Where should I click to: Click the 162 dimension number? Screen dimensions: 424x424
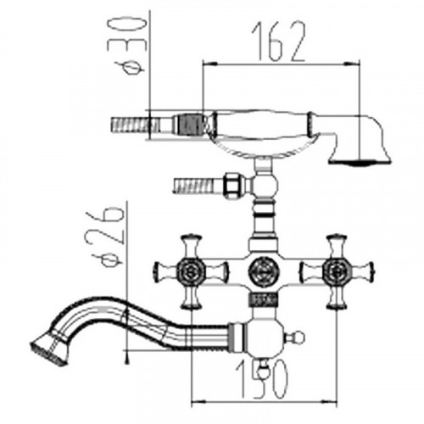click(x=278, y=41)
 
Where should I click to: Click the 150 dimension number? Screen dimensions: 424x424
click(x=262, y=379)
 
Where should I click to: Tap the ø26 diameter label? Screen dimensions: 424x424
click(x=105, y=237)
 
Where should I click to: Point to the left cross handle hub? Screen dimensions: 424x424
click(x=191, y=272)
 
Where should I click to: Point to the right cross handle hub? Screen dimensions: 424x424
click(x=337, y=272)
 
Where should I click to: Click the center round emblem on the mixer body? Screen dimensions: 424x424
click(x=262, y=271)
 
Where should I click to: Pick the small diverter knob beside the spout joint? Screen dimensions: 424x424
click(x=295, y=338)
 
